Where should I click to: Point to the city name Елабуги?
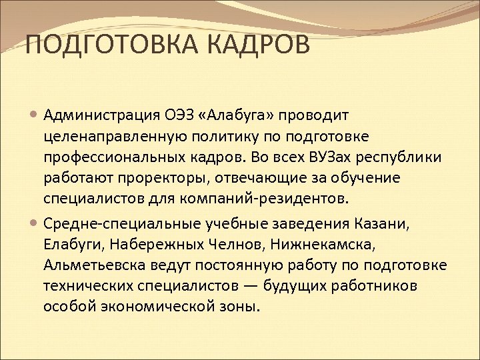(x=69, y=243)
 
